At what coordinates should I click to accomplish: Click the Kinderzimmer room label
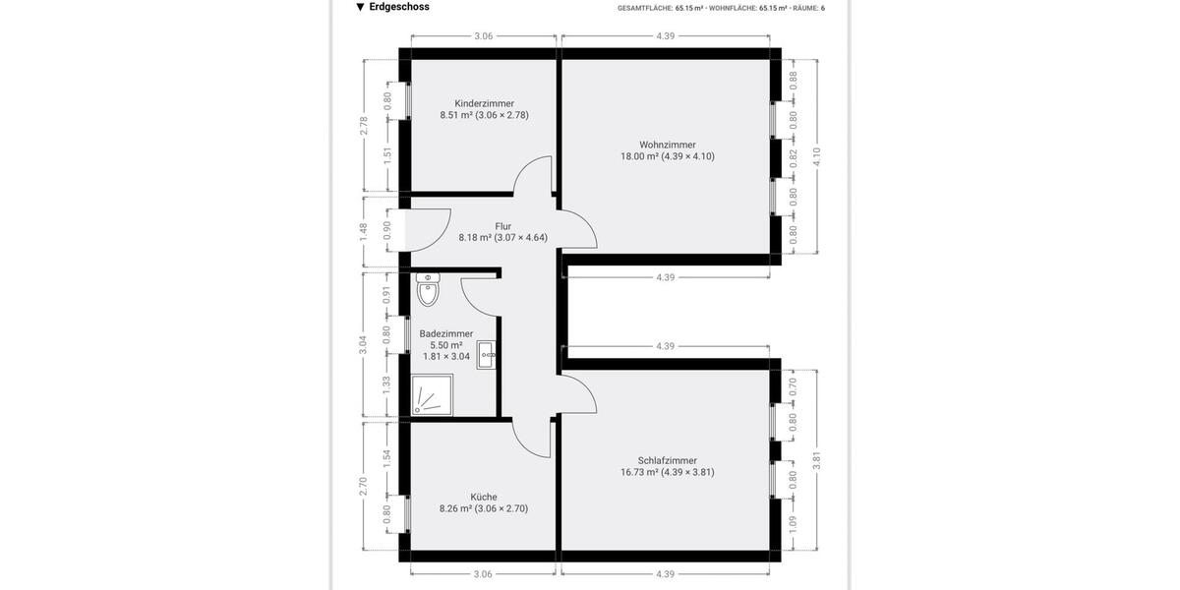(x=484, y=103)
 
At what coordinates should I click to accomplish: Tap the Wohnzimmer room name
(x=667, y=145)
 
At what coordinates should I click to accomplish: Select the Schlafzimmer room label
(x=667, y=460)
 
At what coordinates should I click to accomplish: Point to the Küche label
(x=484, y=497)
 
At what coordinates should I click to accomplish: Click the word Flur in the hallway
(x=502, y=226)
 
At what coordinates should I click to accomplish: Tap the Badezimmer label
(x=445, y=333)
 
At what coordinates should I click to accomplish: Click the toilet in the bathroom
(x=428, y=289)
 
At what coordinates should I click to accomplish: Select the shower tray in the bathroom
(x=432, y=395)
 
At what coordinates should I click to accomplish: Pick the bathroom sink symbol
(x=487, y=355)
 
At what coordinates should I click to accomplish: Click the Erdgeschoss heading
(x=398, y=7)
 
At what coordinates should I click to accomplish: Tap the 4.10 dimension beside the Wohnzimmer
(x=815, y=156)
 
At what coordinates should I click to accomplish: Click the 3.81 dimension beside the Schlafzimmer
(x=815, y=460)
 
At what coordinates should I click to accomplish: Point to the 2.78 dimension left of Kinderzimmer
(x=364, y=125)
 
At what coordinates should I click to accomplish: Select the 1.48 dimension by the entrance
(x=364, y=231)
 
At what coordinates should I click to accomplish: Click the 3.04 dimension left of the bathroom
(x=364, y=343)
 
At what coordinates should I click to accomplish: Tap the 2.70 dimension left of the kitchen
(x=364, y=486)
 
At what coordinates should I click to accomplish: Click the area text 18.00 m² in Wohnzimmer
(x=640, y=156)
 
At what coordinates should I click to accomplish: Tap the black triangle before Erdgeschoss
(x=360, y=7)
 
